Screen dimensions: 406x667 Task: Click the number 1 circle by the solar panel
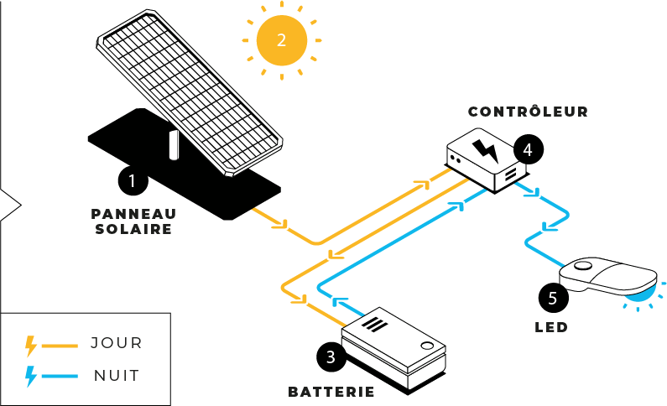(132, 180)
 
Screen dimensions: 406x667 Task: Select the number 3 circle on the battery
(331, 357)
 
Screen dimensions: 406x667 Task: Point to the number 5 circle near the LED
(552, 296)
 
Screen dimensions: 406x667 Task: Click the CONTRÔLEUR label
(528, 111)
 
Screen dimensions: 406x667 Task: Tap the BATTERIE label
(331, 391)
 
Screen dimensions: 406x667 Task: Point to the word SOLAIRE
(134, 228)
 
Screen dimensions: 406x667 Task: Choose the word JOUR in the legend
(116, 343)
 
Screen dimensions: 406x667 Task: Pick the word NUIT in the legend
(116, 375)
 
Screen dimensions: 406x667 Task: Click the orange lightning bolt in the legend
(32, 344)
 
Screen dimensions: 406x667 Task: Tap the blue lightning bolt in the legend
(32, 376)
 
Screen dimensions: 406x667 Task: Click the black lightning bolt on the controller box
(485, 149)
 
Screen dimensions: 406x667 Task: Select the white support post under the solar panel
(175, 143)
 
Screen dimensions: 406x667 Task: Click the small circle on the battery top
(427, 345)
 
